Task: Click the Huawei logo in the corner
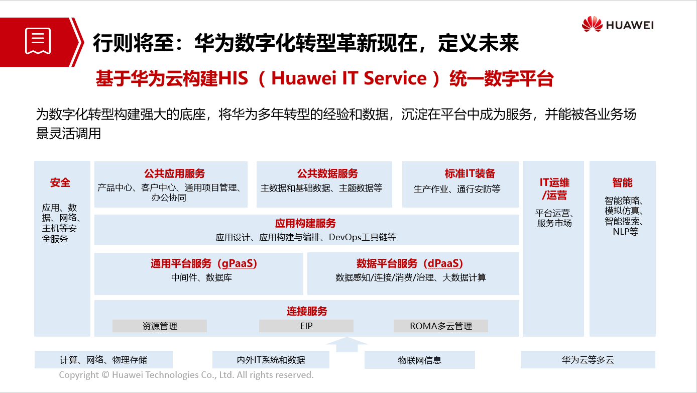618,24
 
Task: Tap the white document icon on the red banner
38,41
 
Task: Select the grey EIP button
306,326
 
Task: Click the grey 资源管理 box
160,326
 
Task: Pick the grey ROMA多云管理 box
440,326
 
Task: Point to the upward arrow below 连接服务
347,344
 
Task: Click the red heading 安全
60,182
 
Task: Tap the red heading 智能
622,182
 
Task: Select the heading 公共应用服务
174,173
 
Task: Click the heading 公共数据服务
327,173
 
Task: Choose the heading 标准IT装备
470,173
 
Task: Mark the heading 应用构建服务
305,223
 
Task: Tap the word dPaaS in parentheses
444,263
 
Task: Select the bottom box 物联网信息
420,360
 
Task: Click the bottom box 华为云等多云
588,360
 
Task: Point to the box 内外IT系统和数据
271,360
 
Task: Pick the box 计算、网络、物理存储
103,360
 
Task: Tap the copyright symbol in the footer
106,374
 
